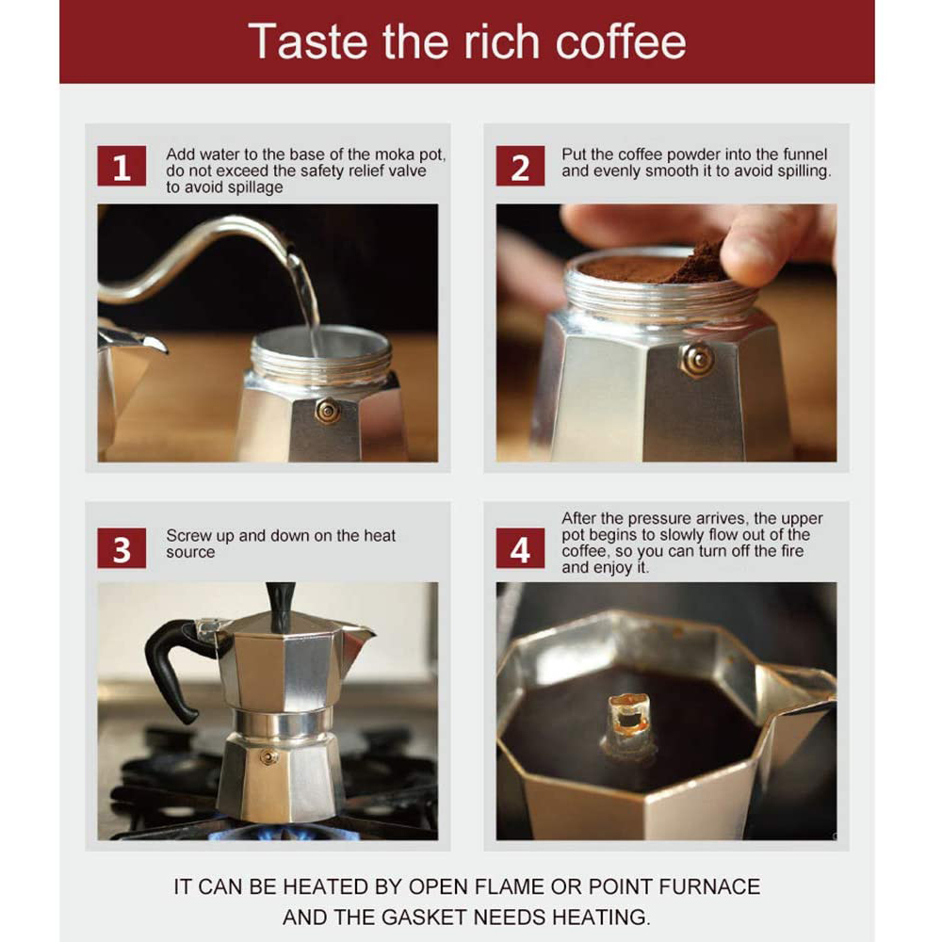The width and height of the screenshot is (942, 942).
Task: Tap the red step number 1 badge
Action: click(x=122, y=167)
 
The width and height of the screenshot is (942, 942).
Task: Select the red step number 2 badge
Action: click(x=520, y=167)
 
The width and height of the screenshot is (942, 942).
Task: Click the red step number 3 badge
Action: click(x=122, y=548)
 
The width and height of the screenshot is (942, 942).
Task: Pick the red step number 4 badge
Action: click(x=520, y=548)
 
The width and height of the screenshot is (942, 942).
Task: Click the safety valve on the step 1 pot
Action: click(x=328, y=411)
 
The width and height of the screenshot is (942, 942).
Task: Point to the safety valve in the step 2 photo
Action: click(x=697, y=359)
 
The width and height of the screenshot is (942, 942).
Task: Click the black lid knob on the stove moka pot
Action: click(x=280, y=605)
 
